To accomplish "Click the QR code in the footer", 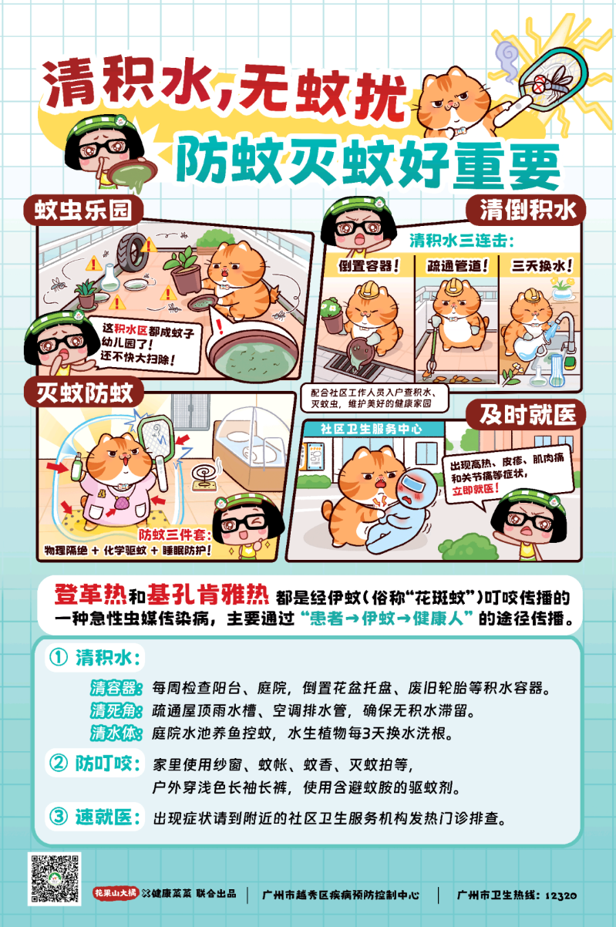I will [55, 878].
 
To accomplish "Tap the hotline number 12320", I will [560, 895].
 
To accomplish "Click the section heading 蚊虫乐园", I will [82, 210].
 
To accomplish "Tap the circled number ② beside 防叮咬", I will [59, 764].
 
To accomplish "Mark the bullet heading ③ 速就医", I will [96, 817].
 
